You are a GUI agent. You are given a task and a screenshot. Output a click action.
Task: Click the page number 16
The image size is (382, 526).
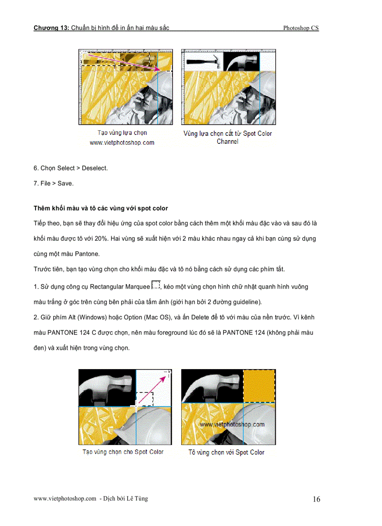[316, 499]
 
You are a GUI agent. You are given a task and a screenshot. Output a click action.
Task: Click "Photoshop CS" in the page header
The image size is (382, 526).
[301, 28]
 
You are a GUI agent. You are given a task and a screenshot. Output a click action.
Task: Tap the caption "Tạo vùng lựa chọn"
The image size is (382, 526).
[122, 133]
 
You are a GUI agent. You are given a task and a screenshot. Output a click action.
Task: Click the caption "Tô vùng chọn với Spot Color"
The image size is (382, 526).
[227, 452]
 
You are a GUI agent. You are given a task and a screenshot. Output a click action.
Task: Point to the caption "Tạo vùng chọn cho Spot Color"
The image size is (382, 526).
[123, 452]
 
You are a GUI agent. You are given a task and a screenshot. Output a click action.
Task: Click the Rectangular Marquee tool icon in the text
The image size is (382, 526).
[156, 285]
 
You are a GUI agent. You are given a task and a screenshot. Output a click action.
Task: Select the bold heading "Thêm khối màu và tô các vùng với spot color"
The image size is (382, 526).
[101, 208]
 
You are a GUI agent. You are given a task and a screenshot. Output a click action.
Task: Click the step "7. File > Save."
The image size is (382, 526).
[53, 184]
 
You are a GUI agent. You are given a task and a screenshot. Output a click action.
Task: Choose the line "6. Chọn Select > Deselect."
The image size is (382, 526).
[71, 168]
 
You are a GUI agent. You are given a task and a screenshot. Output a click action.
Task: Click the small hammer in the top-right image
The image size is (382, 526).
[202, 61]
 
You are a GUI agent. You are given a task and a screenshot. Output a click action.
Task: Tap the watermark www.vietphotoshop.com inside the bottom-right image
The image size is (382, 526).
[232, 424]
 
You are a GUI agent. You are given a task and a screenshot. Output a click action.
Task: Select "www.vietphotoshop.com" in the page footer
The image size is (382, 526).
[65, 499]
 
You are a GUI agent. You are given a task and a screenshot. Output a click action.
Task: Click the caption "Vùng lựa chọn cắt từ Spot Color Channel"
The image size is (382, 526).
[228, 137]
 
